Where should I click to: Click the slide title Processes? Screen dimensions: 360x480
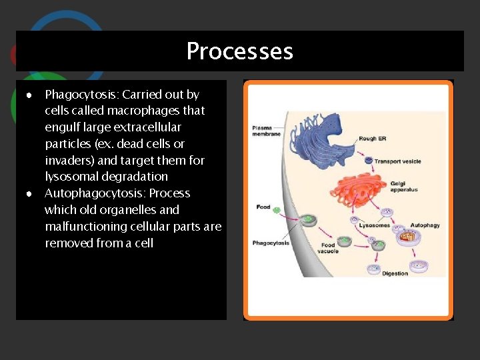(x=239, y=51)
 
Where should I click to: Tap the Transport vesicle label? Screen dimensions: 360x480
(x=397, y=161)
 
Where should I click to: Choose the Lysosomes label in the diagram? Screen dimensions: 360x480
(x=374, y=225)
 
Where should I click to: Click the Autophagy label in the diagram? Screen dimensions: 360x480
(x=424, y=225)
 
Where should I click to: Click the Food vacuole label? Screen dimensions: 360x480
(x=328, y=249)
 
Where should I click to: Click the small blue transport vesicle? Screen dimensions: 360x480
(x=368, y=160)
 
